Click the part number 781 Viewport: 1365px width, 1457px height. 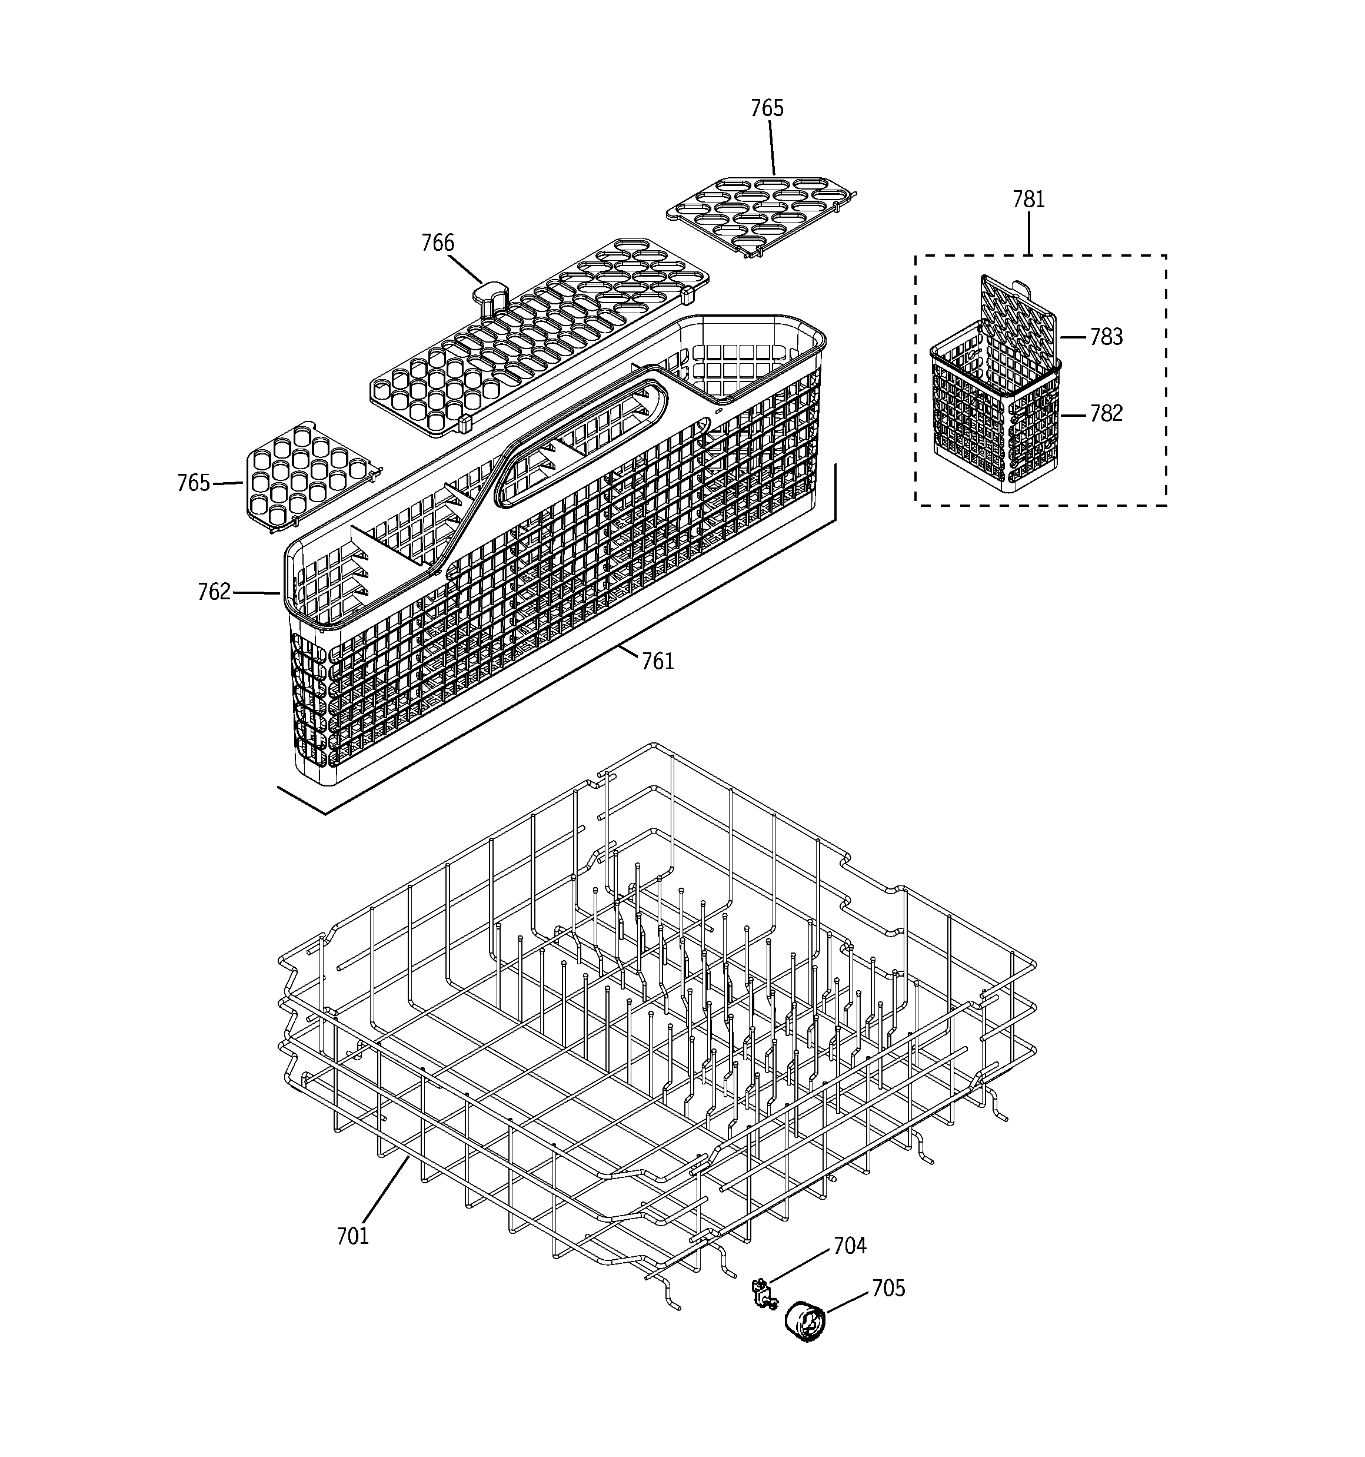click(1028, 200)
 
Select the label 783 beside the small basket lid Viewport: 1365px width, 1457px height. click(1106, 337)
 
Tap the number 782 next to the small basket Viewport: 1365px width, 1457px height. click(1106, 414)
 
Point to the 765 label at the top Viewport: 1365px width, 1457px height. click(767, 108)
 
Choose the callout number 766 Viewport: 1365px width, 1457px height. click(437, 243)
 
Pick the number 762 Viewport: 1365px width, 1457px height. click(214, 592)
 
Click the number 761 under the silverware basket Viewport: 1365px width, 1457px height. click(657, 662)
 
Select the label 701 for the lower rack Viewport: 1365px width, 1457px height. click(352, 1236)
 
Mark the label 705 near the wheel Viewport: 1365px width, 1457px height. click(888, 1289)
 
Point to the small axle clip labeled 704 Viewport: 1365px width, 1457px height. click(763, 1295)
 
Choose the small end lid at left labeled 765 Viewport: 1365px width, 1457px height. click(308, 475)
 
